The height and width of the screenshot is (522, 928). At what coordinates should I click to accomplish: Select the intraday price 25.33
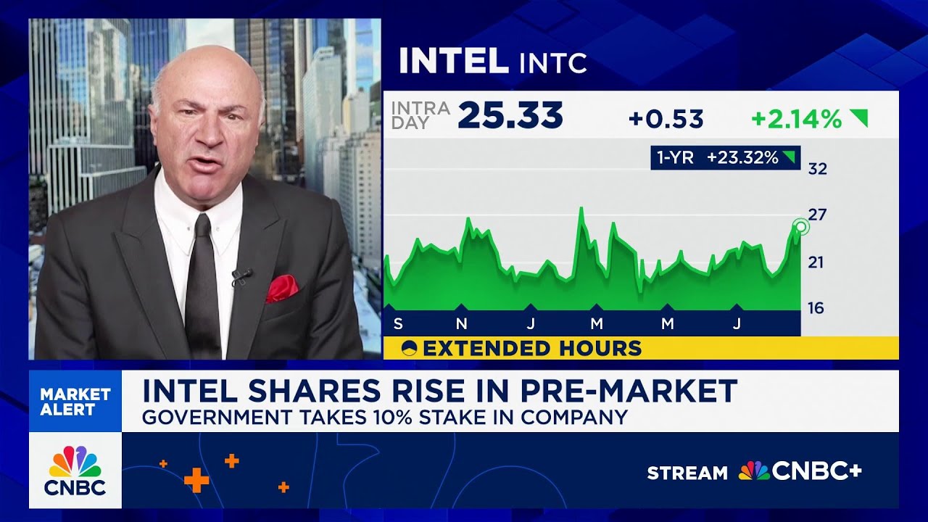point(510,116)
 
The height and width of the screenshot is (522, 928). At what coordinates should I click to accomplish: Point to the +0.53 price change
point(666,119)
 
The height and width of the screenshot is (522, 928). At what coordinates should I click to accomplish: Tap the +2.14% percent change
point(796,119)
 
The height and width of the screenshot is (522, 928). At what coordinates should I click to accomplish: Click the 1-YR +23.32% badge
point(725,157)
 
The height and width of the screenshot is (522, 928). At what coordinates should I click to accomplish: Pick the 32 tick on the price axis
point(817,169)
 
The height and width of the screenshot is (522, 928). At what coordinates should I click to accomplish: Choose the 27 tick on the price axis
point(817,215)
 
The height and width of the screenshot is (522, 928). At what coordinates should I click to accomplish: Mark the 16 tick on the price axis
point(817,308)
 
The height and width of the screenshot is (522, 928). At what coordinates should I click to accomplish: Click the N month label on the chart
point(462,323)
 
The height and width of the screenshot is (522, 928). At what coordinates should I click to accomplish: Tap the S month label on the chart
point(397,323)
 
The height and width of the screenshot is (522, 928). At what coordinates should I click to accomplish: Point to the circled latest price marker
point(800,227)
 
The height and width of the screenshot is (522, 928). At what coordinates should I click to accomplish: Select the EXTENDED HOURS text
point(532,349)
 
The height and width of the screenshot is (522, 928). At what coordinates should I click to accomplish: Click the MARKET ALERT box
point(75,402)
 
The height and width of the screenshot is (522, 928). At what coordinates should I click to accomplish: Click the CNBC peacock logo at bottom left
point(75,471)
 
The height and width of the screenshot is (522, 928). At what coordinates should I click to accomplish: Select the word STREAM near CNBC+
point(687,473)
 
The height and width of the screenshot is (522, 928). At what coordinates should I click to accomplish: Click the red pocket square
point(281,288)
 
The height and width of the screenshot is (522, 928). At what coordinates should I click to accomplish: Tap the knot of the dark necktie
point(202,227)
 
